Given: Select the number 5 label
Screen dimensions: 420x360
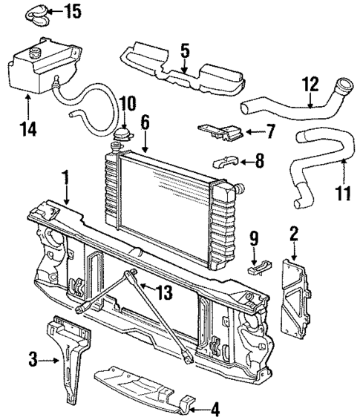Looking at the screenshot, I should pyautogui.click(x=185, y=51).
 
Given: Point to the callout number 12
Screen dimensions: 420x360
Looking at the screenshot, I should pyautogui.click(x=310, y=84).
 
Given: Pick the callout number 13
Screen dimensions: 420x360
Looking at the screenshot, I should pyautogui.click(x=163, y=292).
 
